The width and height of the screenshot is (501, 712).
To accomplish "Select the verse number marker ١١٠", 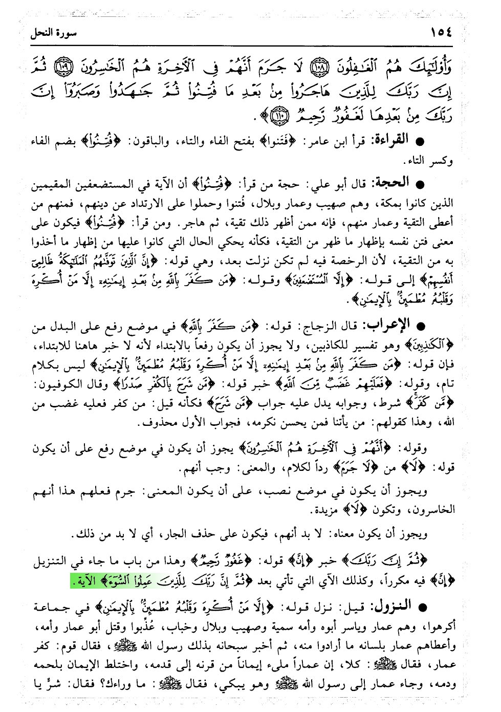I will point(279,117).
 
